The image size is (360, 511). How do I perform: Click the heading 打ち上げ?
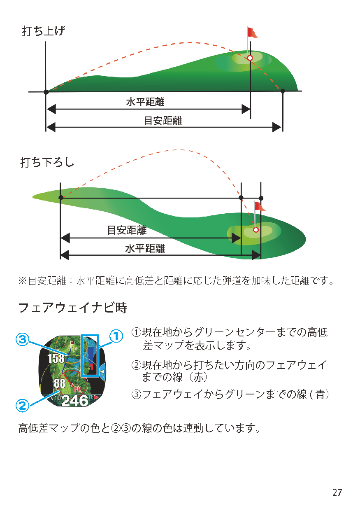pyautogui.click(x=43, y=31)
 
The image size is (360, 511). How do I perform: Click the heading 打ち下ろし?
pyautogui.click(x=47, y=162)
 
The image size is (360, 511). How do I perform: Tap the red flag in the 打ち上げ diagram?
pyautogui.click(x=252, y=33)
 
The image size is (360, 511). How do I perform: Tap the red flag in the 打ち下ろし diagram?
pyautogui.click(x=260, y=206)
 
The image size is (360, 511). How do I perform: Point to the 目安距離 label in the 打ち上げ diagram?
pyautogui.click(x=163, y=121)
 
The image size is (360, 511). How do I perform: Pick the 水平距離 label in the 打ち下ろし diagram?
pyautogui.click(x=145, y=248)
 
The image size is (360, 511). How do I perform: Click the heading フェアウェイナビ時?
pyautogui.click(x=72, y=308)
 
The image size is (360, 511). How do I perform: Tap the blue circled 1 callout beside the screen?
pyautogui.click(x=116, y=336)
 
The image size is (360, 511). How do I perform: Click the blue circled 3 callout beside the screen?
pyautogui.click(x=22, y=340)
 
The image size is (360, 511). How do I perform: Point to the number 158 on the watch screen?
pyautogui.click(x=56, y=358)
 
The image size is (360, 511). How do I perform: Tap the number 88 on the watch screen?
pyautogui.click(x=59, y=384)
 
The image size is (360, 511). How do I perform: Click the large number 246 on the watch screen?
pyautogui.click(x=75, y=400)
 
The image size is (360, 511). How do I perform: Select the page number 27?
pyautogui.click(x=337, y=492)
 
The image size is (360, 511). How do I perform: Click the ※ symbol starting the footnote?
pyautogui.click(x=22, y=281)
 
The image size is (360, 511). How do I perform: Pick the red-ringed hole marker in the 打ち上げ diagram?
pyautogui.click(x=250, y=58)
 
